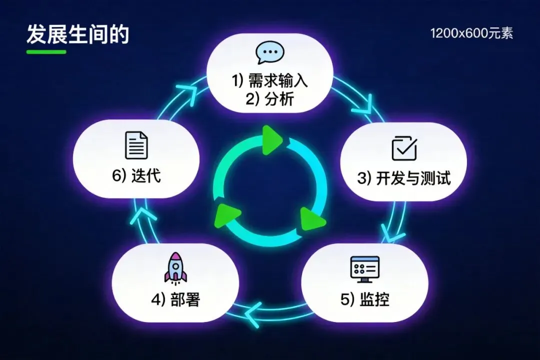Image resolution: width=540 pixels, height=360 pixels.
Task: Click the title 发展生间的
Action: tap(77, 34)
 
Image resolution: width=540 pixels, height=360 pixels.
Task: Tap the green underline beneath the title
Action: tap(46, 51)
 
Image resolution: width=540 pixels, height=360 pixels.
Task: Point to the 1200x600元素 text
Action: tap(471, 34)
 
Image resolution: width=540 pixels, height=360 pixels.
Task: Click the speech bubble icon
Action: tap(270, 52)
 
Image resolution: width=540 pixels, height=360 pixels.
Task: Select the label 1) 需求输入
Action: tap(270, 81)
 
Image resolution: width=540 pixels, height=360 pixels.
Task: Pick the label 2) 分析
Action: tap(270, 99)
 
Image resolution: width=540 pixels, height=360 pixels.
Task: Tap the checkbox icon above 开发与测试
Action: tap(404, 147)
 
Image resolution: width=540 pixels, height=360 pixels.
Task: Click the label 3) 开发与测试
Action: tap(404, 178)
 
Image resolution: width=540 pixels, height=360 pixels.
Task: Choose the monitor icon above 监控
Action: tap(365, 269)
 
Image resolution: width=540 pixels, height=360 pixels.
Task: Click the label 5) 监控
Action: tap(365, 299)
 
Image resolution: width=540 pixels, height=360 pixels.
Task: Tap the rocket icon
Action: tap(175, 267)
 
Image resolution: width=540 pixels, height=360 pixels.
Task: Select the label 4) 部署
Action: tap(175, 299)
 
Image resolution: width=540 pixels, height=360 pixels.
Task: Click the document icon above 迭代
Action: tap(136, 145)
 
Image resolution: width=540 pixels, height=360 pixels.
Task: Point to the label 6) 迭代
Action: tap(136, 176)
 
